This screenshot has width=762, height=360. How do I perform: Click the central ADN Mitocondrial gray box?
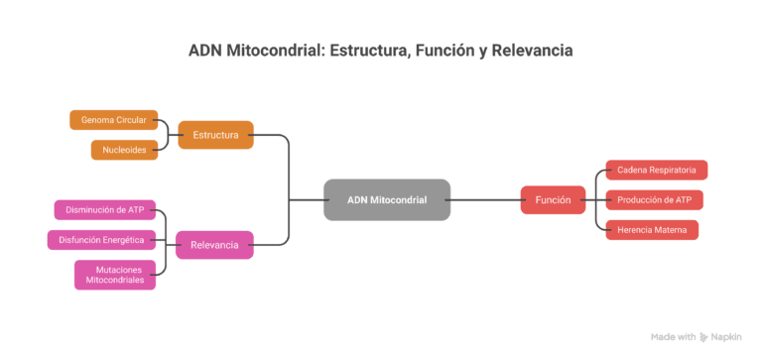pyautogui.click(x=387, y=199)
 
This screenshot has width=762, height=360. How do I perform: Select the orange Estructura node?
pyautogui.click(x=214, y=135)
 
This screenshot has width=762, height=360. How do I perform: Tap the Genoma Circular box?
pyautogui.click(x=114, y=120)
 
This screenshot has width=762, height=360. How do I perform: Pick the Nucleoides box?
pyautogui.click(x=124, y=150)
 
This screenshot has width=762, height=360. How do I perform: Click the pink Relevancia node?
pyautogui.click(x=214, y=244)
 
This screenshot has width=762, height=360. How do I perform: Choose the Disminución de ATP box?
pyautogui.click(x=104, y=210)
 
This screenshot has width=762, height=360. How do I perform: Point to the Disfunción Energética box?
pyautogui.click(x=101, y=240)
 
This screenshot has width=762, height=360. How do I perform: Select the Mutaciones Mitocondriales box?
pyautogui.click(x=115, y=275)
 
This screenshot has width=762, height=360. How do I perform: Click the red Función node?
pyautogui.click(x=553, y=200)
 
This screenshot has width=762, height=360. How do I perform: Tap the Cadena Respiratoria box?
pyautogui.click(x=656, y=170)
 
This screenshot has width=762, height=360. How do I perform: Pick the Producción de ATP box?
pyautogui.click(x=654, y=200)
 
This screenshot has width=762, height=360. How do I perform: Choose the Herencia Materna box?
pyautogui.click(x=652, y=230)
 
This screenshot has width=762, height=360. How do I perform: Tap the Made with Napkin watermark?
pyautogui.click(x=695, y=337)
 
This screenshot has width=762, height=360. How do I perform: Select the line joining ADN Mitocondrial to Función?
pyautogui.click(x=485, y=200)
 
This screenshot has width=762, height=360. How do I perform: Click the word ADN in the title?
pyautogui.click(x=205, y=51)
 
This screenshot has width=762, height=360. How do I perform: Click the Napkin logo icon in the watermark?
pyautogui.click(x=703, y=337)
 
